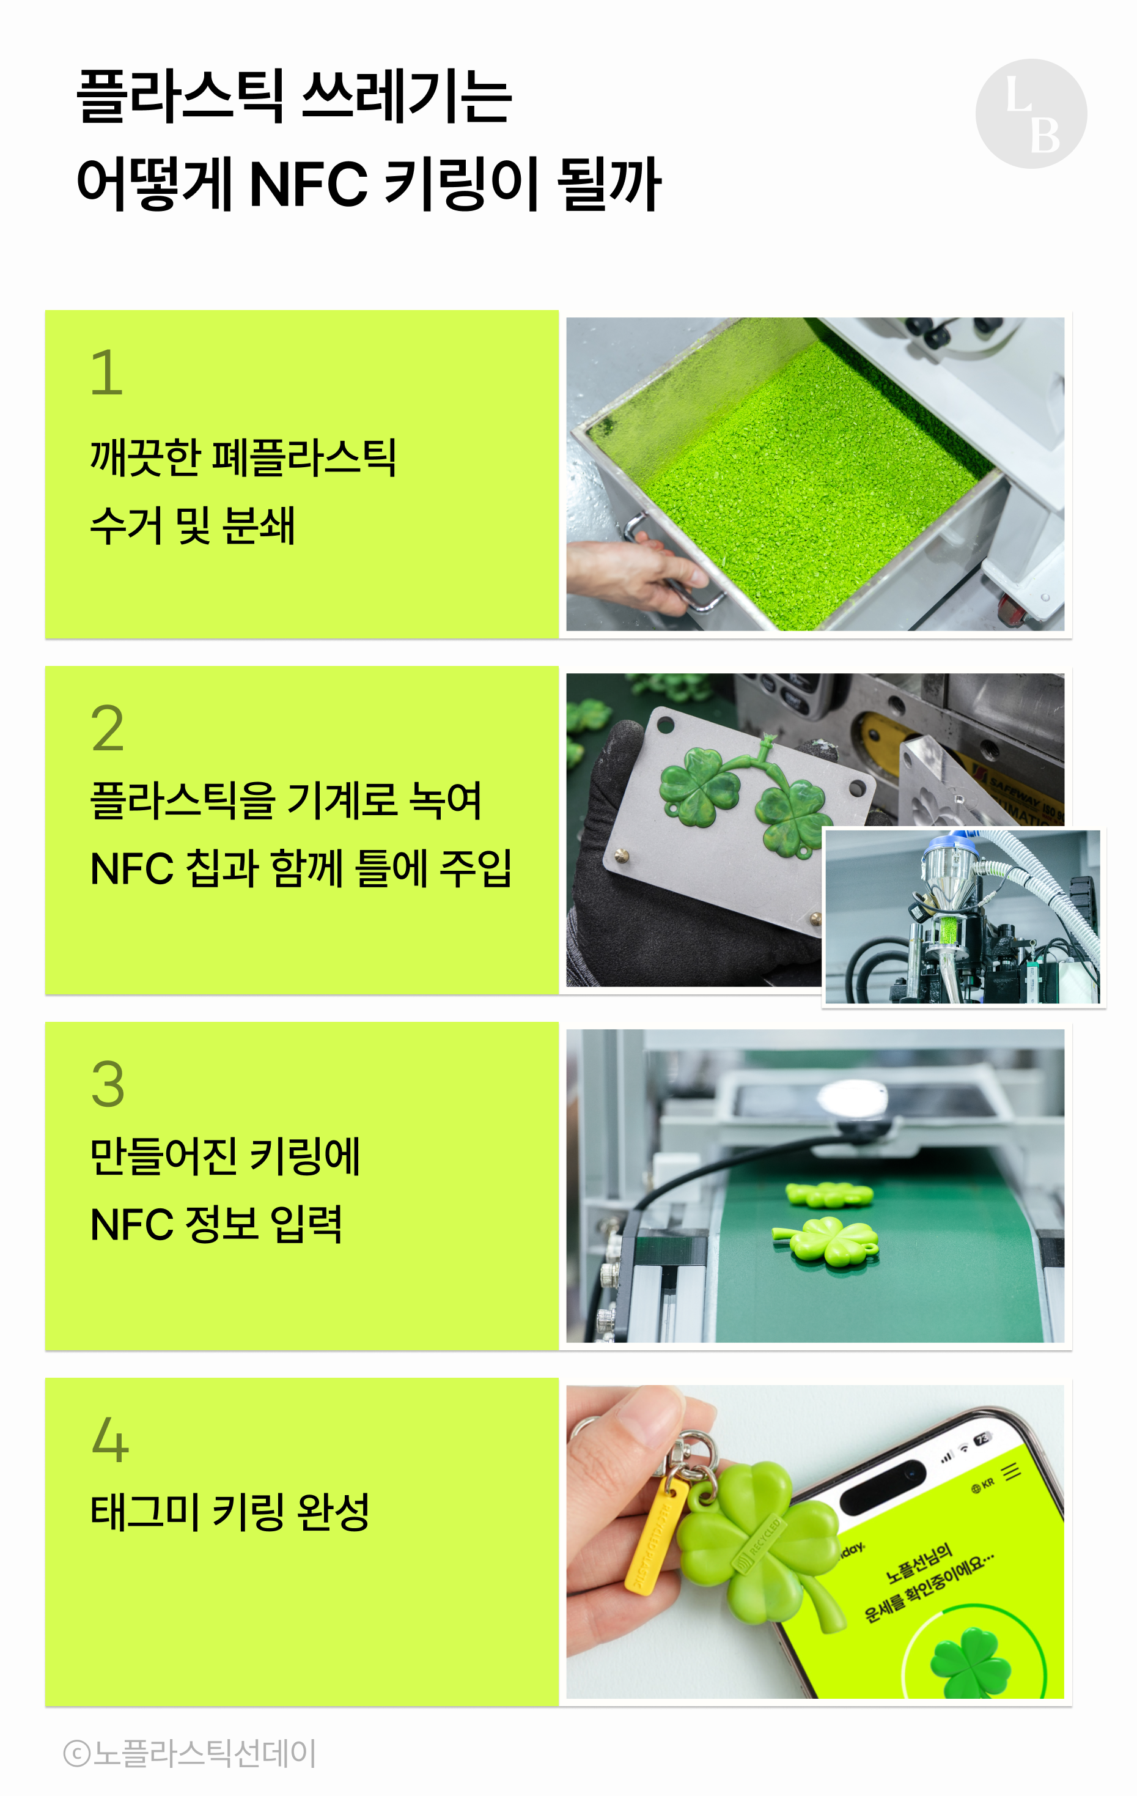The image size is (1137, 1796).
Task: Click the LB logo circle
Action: click(x=1031, y=113)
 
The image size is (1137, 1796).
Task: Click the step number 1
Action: click(x=106, y=372)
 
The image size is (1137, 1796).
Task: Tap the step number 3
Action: click(x=108, y=1084)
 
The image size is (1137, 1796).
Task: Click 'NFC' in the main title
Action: click(x=308, y=183)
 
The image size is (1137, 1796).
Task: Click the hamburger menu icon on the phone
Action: click(x=1011, y=1471)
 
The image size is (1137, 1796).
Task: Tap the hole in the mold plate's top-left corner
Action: click(x=666, y=724)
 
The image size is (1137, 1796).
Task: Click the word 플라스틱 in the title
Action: click(x=180, y=96)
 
